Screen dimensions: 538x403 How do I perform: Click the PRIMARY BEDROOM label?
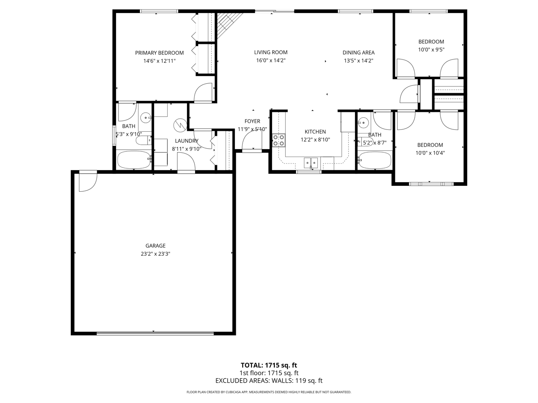coord(159,53)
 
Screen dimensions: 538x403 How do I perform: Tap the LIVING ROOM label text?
coord(271,52)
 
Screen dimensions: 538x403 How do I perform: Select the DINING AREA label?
coord(358,52)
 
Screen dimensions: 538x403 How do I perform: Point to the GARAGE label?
coord(156,246)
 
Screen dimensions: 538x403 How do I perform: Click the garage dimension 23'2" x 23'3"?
coord(156,254)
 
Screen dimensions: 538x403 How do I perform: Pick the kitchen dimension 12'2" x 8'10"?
coord(315,140)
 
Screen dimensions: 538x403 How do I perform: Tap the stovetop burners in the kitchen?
coord(279,140)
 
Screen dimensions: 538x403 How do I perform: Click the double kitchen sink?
coord(311,163)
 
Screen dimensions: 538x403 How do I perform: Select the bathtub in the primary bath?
coord(134,159)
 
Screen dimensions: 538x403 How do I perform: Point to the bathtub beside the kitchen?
coord(374,160)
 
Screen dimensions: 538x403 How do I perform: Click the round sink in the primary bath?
coord(146,118)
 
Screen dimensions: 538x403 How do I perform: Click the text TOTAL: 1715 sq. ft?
coord(269,365)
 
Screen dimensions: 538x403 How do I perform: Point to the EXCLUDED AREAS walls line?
coord(269,381)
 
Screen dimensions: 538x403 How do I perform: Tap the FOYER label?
coord(252,121)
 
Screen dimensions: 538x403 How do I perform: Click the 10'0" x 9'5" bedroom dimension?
coord(431,50)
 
